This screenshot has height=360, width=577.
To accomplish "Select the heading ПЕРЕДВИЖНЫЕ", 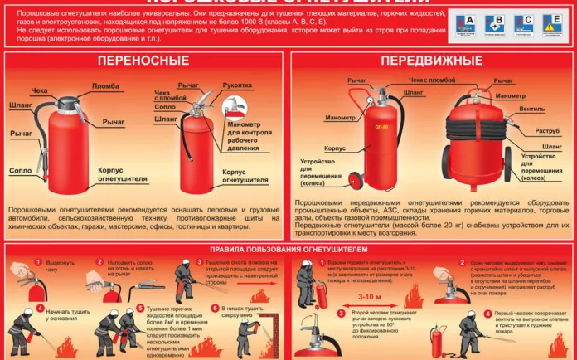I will [x=430, y=61].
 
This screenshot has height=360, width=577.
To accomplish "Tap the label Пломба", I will [x=104, y=86].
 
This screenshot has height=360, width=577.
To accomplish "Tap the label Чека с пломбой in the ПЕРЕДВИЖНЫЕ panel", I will [x=431, y=81].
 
